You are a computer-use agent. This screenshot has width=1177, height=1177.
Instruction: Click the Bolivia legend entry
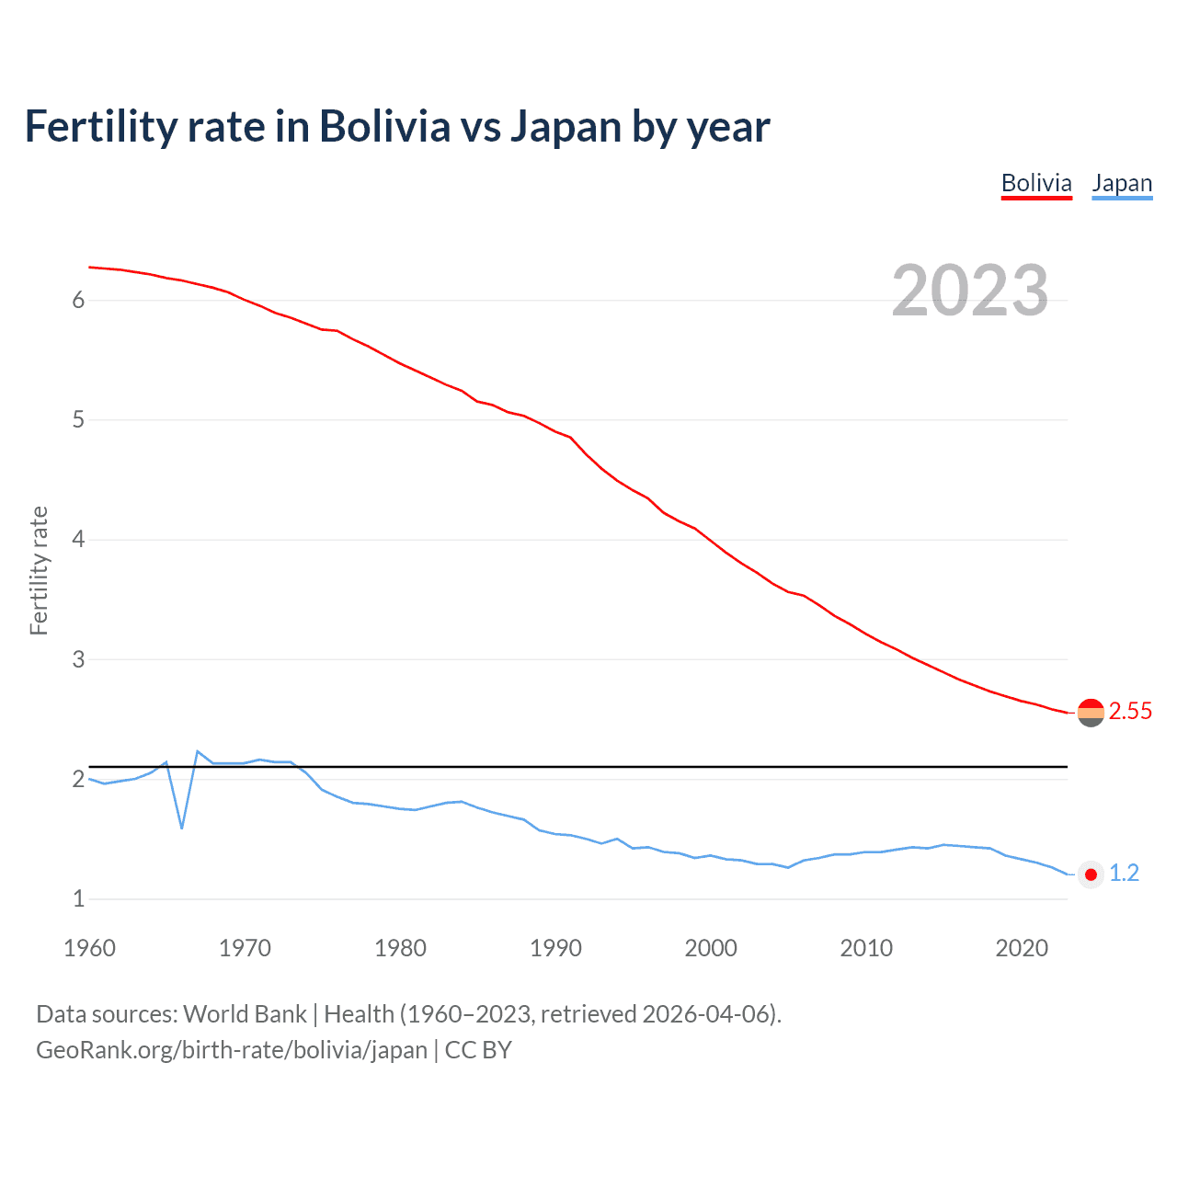[1036, 183]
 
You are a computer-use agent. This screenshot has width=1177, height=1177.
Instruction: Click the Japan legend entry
[1122, 183]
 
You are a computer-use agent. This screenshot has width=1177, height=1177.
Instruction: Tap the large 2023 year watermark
[970, 291]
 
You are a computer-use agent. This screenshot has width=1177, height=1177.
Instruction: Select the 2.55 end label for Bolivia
[1130, 711]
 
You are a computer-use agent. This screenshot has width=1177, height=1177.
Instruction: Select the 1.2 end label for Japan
[1124, 873]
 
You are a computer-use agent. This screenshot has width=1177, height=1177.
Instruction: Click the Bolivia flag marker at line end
[1091, 713]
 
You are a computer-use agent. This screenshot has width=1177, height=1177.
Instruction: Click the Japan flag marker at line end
[1091, 874]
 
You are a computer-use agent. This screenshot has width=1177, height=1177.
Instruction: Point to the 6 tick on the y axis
[78, 300]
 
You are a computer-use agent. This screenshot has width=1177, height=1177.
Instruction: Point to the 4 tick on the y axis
[78, 540]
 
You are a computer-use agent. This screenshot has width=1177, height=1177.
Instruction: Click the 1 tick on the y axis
[78, 898]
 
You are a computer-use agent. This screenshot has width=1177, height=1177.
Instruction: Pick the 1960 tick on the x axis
[89, 948]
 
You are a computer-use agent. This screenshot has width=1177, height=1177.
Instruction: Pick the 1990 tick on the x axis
[555, 948]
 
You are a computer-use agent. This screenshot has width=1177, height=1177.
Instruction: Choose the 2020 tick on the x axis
[1022, 948]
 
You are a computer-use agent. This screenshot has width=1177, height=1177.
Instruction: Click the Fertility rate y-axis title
[39, 570]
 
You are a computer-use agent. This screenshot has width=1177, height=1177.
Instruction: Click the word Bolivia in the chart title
[384, 126]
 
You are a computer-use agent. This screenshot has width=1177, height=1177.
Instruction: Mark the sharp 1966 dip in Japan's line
[182, 827]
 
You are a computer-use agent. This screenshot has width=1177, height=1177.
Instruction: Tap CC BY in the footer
[478, 1049]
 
